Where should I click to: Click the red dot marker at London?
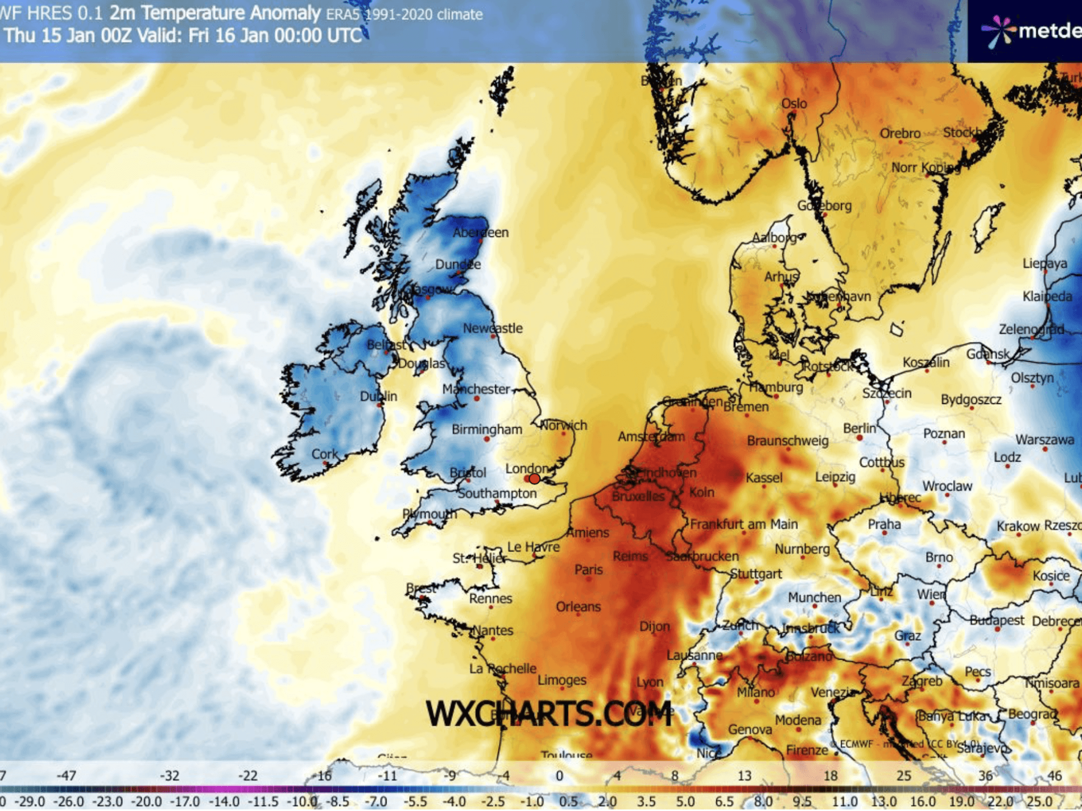[535, 478]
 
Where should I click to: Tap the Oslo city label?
[794, 103]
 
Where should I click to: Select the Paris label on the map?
[588, 569]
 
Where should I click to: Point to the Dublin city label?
[379, 396]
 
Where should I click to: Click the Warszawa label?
[1044, 440]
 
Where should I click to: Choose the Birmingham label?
[487, 429]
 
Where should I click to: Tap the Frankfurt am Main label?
[743, 524]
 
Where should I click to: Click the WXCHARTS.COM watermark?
[549, 714]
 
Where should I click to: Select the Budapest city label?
[997, 620]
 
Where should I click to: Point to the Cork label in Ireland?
[325, 454]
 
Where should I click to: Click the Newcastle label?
[492, 328]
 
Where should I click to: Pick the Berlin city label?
[859, 428]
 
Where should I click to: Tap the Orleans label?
[578, 607]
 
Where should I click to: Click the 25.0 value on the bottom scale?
[1039, 801]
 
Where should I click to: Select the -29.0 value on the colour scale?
[29, 801]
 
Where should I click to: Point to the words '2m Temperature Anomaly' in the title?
[215, 13]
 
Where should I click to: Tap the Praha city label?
[884, 524]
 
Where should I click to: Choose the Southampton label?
[497, 493]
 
